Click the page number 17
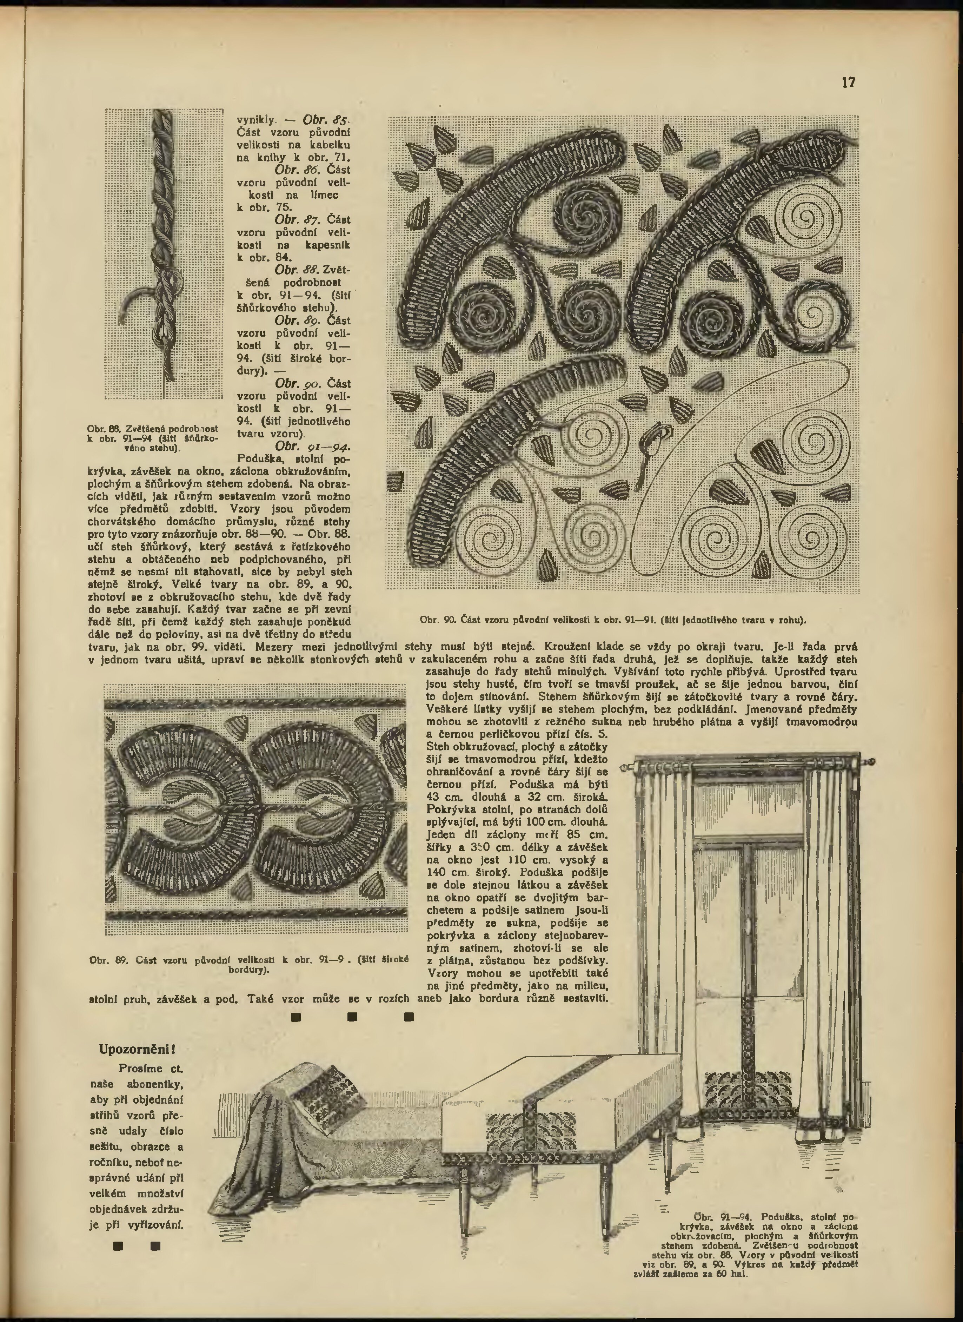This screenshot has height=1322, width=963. (848, 82)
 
